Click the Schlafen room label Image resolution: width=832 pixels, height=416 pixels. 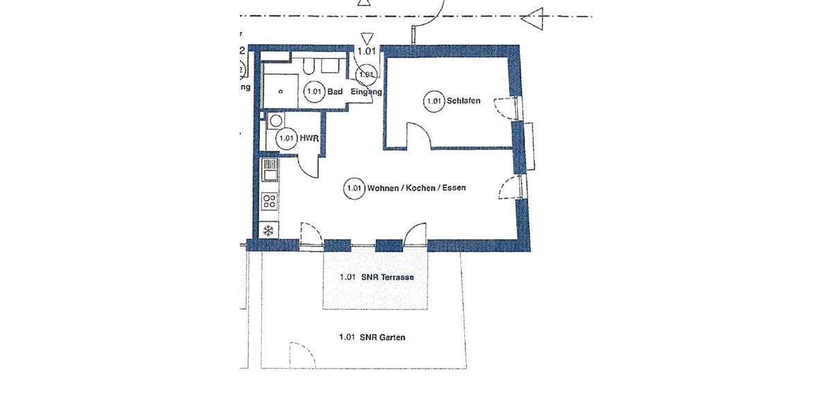point(464,101)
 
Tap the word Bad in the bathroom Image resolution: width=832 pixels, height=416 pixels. point(336,92)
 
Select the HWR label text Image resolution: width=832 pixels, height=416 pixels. point(309,139)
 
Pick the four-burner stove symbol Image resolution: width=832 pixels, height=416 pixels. point(269,202)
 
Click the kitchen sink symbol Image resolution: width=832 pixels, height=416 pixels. point(268,170)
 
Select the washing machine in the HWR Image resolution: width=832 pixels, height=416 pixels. point(275,121)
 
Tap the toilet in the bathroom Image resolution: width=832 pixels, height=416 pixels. point(309,67)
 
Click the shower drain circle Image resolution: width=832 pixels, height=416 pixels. point(280,91)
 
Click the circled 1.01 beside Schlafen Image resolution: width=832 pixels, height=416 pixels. point(433,101)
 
